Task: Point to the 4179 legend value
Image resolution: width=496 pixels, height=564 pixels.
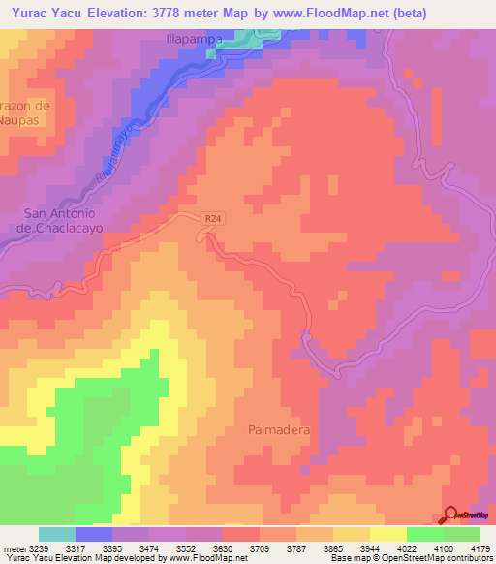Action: (480, 548)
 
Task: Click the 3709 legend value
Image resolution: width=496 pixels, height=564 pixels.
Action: (260, 548)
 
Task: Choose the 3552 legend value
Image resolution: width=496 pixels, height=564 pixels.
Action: (186, 548)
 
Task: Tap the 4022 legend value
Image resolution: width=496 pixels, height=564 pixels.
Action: (407, 548)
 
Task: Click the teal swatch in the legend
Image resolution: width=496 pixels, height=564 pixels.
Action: (57, 534)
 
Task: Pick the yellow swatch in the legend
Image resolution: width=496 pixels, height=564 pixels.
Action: (388, 534)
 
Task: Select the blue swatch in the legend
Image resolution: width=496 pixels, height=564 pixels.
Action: (94, 534)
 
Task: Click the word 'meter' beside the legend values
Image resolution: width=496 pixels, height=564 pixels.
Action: (16, 548)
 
